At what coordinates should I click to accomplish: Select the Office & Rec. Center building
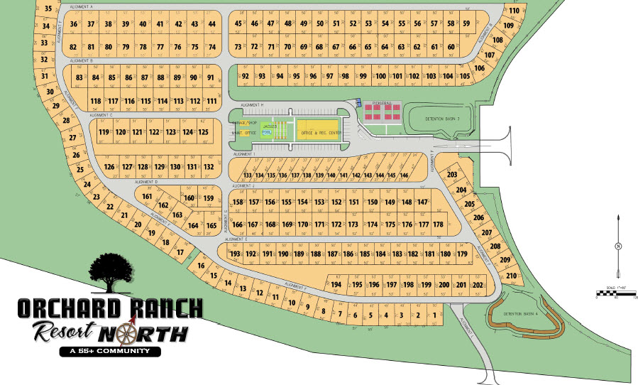point(321,133)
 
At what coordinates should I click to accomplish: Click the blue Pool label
point(267,132)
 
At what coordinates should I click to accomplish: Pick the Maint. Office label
point(243,133)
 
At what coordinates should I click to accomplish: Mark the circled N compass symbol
point(619,246)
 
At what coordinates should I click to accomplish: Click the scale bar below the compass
point(616,293)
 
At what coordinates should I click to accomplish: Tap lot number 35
point(49,9)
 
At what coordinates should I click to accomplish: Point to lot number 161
point(148,197)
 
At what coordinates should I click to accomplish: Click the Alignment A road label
point(82,6)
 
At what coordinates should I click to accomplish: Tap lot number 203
point(452,175)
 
